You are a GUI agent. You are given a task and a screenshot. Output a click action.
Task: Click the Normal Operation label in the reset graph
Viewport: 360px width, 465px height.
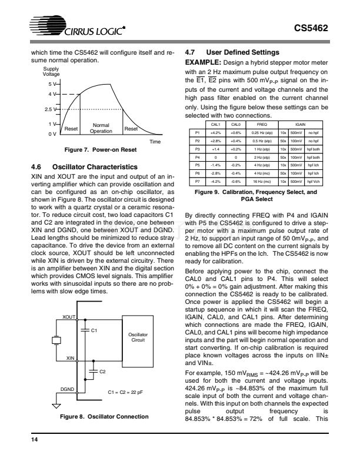(101, 128)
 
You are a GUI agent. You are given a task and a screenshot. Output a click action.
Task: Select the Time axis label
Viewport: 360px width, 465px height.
(155, 142)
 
